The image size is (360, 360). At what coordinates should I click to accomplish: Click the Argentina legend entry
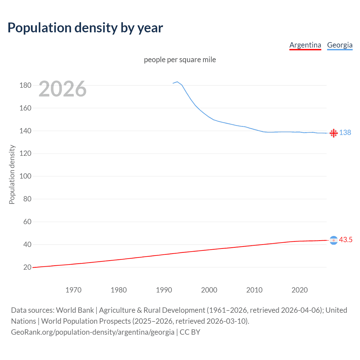(x=305, y=45)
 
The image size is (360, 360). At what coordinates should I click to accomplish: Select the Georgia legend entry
(x=340, y=45)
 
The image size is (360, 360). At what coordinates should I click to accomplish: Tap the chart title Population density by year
(x=85, y=28)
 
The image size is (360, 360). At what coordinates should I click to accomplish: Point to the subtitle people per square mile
(x=180, y=60)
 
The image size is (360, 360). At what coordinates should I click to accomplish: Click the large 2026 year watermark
(x=62, y=89)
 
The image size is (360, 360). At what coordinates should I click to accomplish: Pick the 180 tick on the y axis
(x=25, y=85)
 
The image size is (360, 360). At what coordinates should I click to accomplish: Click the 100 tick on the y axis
(x=25, y=176)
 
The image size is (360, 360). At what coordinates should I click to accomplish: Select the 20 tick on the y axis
(x=27, y=267)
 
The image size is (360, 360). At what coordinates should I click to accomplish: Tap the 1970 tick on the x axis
(x=73, y=290)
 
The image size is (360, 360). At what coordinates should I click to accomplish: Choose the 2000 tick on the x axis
(x=209, y=290)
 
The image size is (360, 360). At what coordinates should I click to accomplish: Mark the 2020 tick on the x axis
(x=300, y=290)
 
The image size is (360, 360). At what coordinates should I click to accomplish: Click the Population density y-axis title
(x=12, y=174)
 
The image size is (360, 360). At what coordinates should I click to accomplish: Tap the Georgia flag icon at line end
(x=334, y=133)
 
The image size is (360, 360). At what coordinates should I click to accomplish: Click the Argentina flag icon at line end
(x=334, y=240)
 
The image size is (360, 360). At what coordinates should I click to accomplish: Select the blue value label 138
(x=345, y=132)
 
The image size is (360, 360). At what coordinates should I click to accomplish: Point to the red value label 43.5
(x=346, y=240)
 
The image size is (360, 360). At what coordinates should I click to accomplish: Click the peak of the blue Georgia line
(x=177, y=82)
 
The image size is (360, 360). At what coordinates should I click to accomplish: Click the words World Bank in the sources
(x=75, y=310)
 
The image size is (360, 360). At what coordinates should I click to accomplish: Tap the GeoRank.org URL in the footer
(x=93, y=332)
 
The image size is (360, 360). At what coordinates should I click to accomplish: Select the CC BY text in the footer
(x=190, y=332)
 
